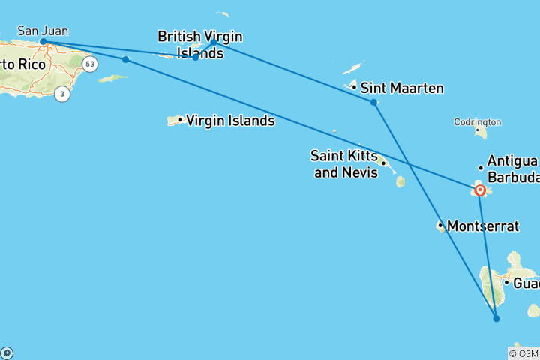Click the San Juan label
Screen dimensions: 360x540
pyautogui.click(x=43, y=31)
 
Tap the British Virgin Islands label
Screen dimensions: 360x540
pyautogui.click(x=199, y=44)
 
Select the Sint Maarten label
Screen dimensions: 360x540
pyautogui.click(x=402, y=88)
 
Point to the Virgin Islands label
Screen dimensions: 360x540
pyautogui.click(x=229, y=120)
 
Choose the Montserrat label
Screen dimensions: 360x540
pyautogui.click(x=483, y=225)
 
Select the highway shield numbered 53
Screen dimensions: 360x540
pyautogui.click(x=90, y=64)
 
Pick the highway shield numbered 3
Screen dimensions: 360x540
pyautogui.click(x=61, y=94)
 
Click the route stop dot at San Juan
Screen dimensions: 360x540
pyautogui.click(x=43, y=42)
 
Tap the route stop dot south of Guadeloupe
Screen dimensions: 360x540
pyautogui.click(x=496, y=319)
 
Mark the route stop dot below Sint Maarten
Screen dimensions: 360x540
pyautogui.click(x=373, y=102)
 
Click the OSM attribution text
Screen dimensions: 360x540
pyautogui.click(x=523, y=353)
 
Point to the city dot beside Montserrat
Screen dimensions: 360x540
pyautogui.click(x=441, y=225)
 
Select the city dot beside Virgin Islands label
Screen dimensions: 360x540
pyautogui.click(x=180, y=120)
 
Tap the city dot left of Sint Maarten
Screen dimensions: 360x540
pyautogui.click(x=354, y=87)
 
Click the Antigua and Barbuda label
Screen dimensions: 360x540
pyautogui.click(x=513, y=169)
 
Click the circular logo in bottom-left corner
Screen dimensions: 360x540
pyautogui.click(x=7, y=353)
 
